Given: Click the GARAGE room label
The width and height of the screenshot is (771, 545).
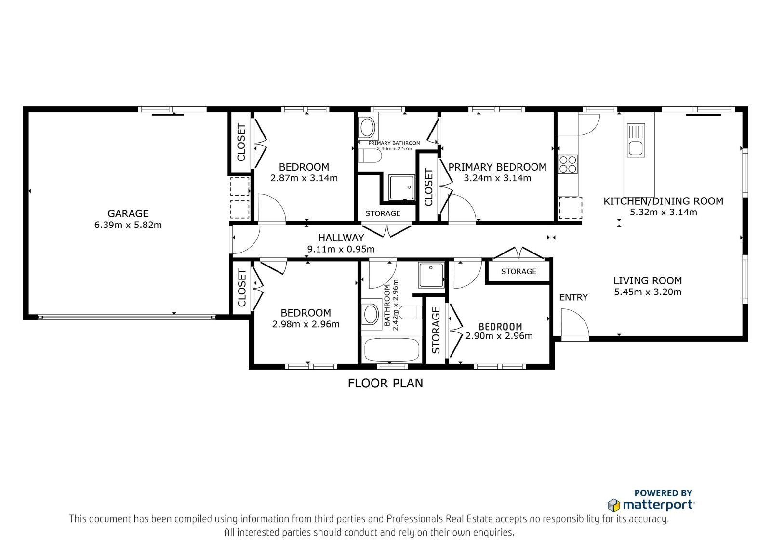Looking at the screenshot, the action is [128, 213].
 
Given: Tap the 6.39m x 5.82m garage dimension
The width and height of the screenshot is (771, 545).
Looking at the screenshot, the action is [128, 225].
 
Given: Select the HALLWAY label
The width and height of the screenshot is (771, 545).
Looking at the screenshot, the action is [341, 238].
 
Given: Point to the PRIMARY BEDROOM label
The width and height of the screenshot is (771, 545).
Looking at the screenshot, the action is [497, 167].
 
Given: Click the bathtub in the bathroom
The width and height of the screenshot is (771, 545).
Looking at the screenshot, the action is [391, 350].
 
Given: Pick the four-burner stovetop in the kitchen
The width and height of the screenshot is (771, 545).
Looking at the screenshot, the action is [568, 164].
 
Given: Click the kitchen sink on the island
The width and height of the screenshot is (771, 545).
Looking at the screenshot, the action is [636, 141].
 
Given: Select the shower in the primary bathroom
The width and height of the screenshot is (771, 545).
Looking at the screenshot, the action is [402, 187].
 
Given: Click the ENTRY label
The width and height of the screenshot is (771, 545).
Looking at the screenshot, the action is [573, 297].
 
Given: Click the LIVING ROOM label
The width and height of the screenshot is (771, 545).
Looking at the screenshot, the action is [648, 280].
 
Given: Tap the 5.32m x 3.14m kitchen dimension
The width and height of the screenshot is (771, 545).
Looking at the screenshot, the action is [663, 212].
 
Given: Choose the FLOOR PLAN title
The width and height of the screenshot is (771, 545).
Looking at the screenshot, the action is [385, 383].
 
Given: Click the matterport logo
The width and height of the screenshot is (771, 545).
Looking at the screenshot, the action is [651, 505].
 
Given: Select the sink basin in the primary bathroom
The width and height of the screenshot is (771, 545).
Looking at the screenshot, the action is [368, 128].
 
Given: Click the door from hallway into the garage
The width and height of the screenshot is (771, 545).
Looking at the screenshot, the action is [246, 240].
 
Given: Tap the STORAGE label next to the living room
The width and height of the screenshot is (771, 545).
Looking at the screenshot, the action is [518, 271].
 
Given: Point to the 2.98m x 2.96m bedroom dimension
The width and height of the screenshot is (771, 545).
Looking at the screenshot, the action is [306, 324].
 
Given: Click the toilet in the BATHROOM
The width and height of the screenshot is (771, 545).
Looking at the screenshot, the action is [411, 312].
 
